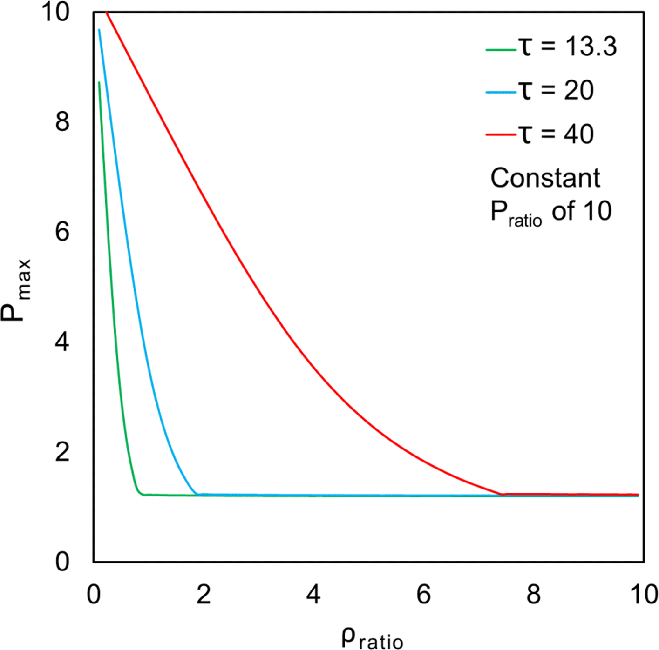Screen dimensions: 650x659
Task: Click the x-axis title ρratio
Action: tap(372, 638)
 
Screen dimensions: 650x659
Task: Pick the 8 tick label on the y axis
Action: tap(62, 122)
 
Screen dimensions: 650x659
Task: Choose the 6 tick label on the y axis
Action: tap(62, 231)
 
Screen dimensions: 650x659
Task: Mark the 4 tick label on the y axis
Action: tap(62, 342)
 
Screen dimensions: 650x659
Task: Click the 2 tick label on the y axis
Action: tap(62, 451)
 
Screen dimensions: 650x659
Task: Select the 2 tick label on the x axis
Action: tap(204, 595)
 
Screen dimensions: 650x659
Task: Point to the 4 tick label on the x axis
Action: tap(313, 595)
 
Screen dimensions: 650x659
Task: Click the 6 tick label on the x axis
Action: tap(423, 595)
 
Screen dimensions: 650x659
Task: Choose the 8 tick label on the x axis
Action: tap(534, 595)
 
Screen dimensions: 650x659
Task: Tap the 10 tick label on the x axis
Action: tap(644, 595)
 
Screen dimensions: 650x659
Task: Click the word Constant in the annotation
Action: tap(545, 178)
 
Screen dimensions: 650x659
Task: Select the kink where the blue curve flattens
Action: tap(197, 494)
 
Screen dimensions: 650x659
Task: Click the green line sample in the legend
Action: tap(501, 49)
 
